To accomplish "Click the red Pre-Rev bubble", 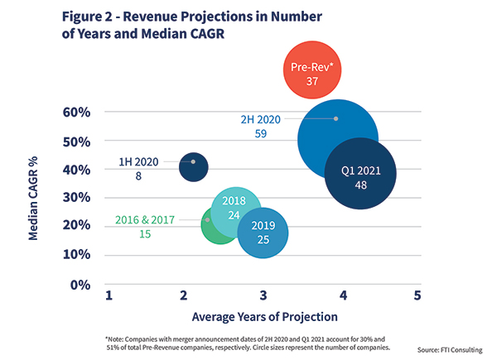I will click(x=313, y=74).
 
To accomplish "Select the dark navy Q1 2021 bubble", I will click(x=360, y=175).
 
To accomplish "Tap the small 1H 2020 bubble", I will click(x=193, y=166).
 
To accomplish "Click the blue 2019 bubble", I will click(x=263, y=233).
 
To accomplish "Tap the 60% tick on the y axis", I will click(x=75, y=112).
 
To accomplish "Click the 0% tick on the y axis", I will click(x=79, y=285).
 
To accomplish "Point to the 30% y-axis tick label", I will click(x=75, y=198).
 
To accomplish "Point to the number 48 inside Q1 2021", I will click(x=360, y=185).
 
